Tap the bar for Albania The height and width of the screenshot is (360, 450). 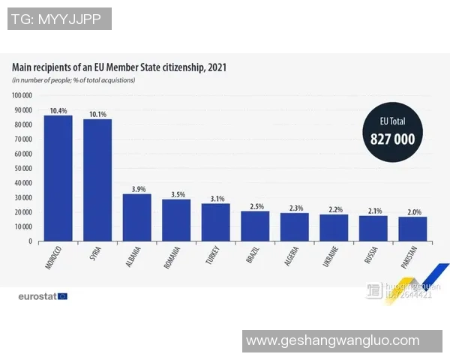coord(136,217)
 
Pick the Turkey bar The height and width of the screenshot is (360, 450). coord(215,222)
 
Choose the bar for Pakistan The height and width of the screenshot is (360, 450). coord(412,229)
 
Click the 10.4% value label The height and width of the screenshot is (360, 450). coord(58,110)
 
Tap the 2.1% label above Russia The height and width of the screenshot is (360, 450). coord(373,211)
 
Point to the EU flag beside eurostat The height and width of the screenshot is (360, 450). coord(62,296)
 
